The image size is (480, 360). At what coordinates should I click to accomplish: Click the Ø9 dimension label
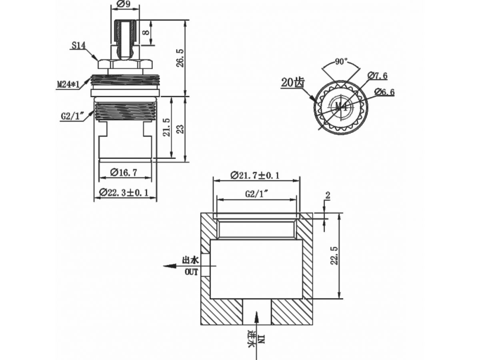tap(124, 4)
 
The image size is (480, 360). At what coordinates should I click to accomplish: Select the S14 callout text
tap(79, 46)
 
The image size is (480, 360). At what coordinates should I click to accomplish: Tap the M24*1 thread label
tap(68, 84)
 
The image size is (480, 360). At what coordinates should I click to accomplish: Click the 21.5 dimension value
tap(167, 128)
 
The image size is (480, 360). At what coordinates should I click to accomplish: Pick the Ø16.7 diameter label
tap(124, 172)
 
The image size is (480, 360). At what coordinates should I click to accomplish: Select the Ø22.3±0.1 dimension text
tap(124, 192)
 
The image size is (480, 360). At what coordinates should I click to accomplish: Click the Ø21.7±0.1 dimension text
tap(255, 175)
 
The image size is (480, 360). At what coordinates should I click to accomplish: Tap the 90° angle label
tap(341, 62)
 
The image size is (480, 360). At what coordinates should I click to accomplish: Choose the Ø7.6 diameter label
tap(378, 76)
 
